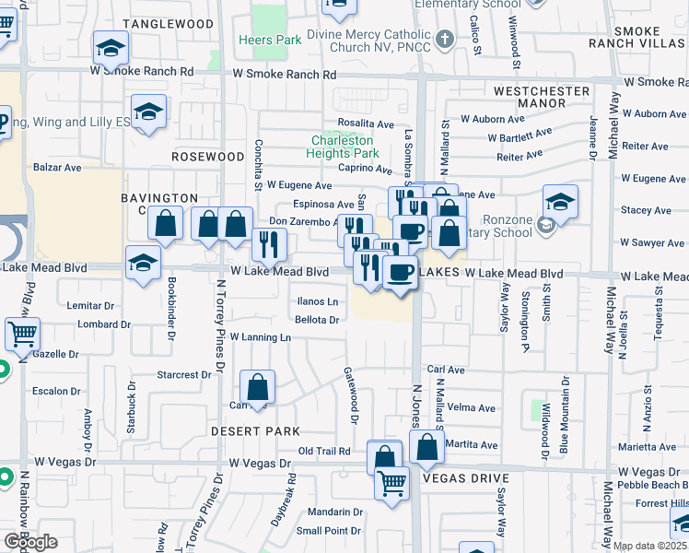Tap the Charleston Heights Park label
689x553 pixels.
345,147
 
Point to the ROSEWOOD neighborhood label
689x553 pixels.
207,157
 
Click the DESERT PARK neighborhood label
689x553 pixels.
255,431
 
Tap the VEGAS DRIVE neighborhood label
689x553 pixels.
465,478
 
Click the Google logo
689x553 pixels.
30,542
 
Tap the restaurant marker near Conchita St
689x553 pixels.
268,243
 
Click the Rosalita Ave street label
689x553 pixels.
366,124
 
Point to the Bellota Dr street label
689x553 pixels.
318,320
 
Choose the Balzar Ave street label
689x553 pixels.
57,168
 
